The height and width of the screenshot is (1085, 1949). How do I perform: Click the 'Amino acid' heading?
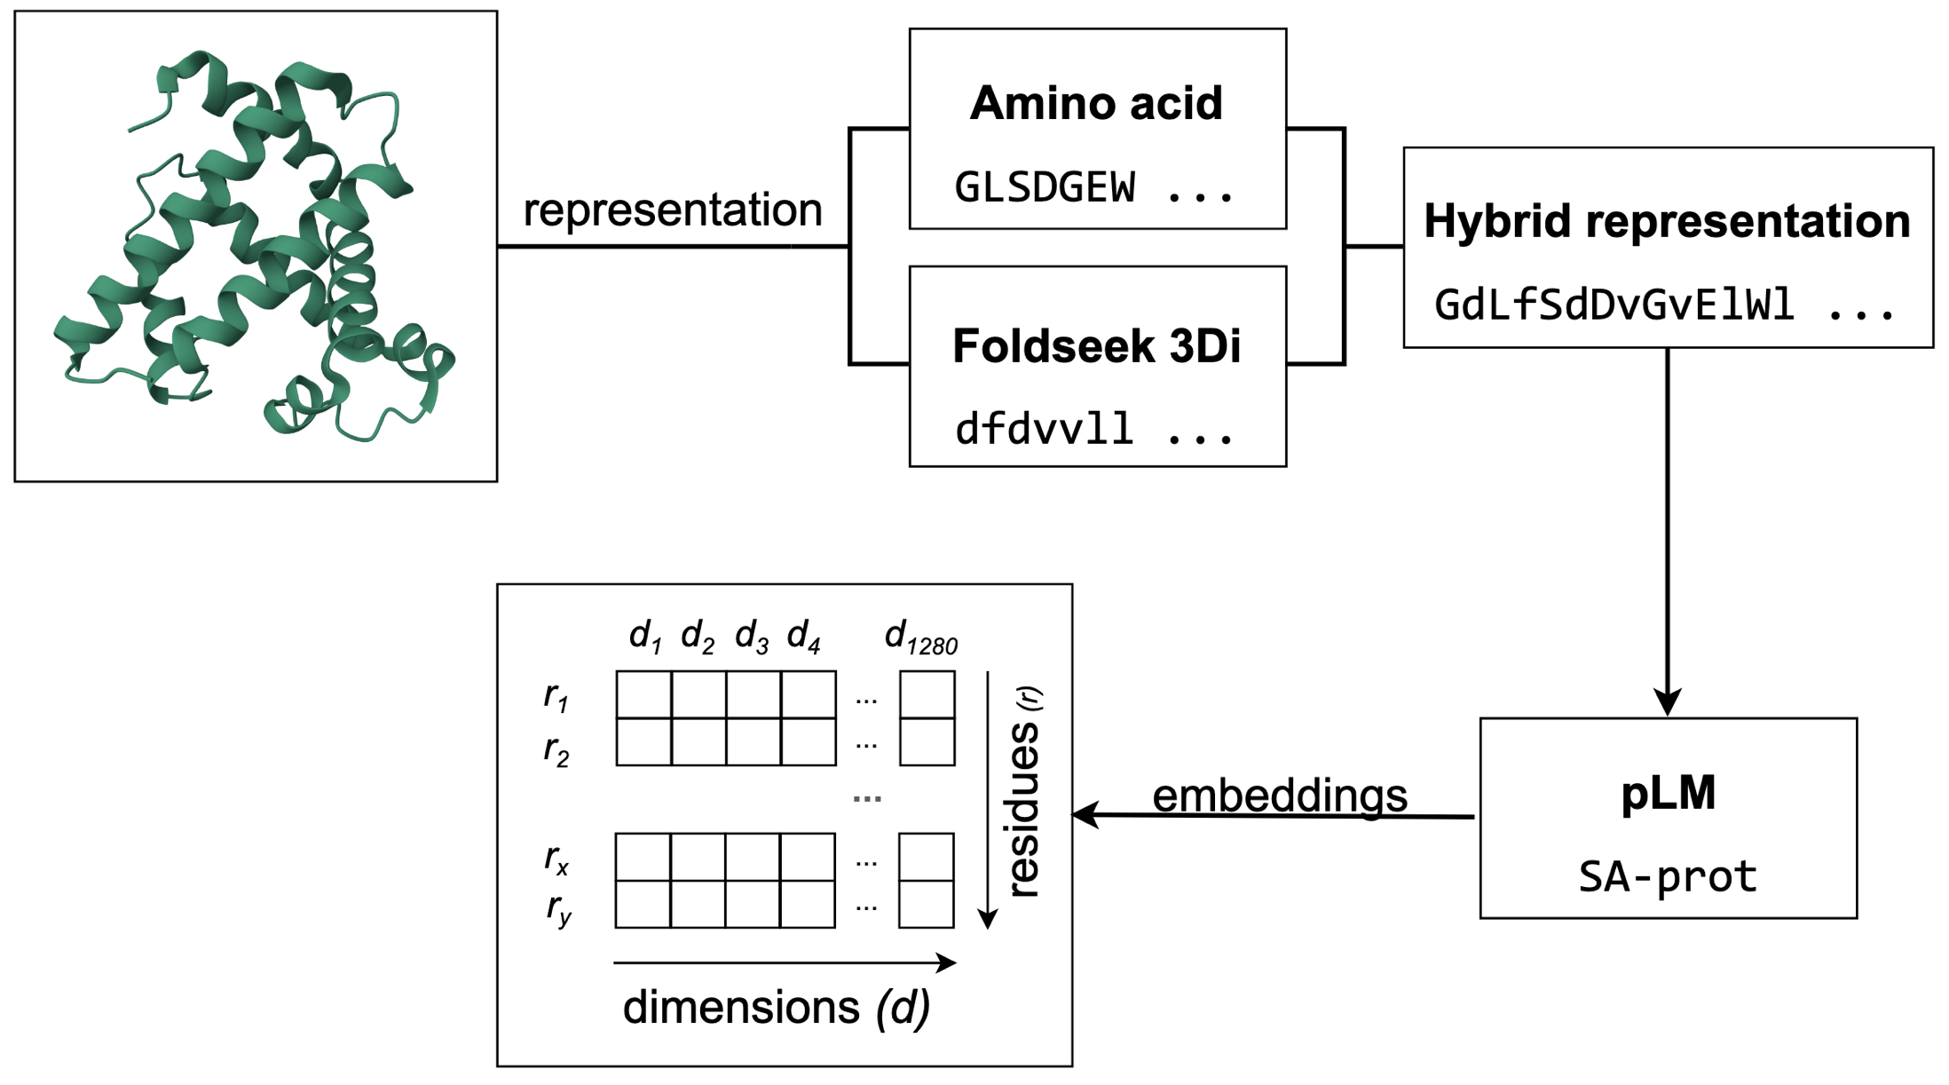pyautogui.click(x=1096, y=104)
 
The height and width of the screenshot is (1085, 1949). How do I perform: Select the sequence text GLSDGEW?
pyautogui.click(x=1045, y=188)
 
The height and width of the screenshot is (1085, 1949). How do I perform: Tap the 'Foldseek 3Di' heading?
pyautogui.click(x=1096, y=346)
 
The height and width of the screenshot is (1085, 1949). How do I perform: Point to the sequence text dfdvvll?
pyautogui.click(x=1045, y=430)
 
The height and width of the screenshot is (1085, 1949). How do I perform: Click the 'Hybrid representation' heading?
pyautogui.click(x=1667, y=221)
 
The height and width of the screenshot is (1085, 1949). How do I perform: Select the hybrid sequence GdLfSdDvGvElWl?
pyautogui.click(x=1614, y=305)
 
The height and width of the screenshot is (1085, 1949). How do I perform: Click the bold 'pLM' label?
pyautogui.click(x=1668, y=793)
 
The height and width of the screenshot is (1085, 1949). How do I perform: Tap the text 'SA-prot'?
pyautogui.click(x=1668, y=877)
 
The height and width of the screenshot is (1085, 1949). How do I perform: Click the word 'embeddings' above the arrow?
pyautogui.click(x=1279, y=796)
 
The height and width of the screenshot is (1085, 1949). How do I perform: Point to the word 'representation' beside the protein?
pyautogui.click(x=673, y=210)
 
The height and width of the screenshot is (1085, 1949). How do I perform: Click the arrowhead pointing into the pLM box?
pyautogui.click(x=1668, y=702)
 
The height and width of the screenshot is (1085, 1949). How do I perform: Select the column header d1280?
pyautogui.click(x=920, y=638)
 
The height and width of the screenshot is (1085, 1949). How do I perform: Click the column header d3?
pyautogui.click(x=752, y=638)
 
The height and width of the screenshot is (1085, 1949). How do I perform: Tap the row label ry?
pyautogui.click(x=558, y=908)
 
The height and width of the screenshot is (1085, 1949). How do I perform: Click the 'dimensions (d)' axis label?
pyautogui.click(x=777, y=1008)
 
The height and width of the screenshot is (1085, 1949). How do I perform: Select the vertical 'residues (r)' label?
pyautogui.click(x=1025, y=793)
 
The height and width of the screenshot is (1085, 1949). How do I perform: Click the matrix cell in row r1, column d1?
pyautogui.click(x=644, y=695)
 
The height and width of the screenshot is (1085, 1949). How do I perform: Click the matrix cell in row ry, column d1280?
pyautogui.click(x=927, y=905)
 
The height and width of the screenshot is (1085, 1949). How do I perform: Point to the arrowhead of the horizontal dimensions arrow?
pyautogui.click(x=949, y=962)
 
